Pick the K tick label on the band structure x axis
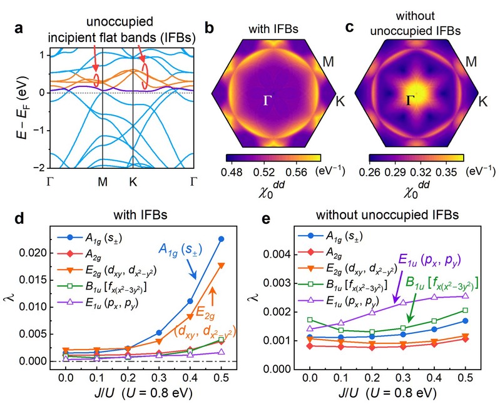click(133, 181)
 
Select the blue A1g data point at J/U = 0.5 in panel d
click(222, 239)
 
